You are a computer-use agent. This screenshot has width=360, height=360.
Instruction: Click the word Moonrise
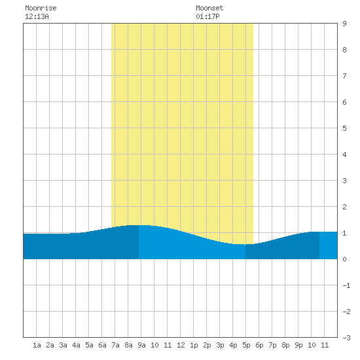41,8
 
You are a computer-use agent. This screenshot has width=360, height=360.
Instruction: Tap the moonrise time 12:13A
37,16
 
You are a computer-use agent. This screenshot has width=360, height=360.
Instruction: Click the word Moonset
209,8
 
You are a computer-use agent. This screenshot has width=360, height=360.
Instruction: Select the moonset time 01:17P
207,16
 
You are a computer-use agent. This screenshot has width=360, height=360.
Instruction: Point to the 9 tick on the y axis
344,24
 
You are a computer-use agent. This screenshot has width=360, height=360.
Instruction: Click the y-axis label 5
344,128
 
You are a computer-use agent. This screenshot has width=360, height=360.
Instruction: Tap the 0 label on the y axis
344,259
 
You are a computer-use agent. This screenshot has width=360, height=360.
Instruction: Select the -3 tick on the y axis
346,338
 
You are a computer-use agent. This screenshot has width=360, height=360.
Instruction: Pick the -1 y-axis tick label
346,285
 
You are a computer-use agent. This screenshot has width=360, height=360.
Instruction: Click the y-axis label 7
344,76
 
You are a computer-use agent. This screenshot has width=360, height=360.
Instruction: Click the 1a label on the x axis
37,345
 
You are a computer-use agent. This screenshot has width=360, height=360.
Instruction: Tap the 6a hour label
102,345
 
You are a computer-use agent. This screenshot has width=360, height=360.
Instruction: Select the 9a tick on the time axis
141,345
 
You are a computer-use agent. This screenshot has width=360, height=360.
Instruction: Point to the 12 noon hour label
181,345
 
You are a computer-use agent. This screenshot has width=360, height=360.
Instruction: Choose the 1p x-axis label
194,345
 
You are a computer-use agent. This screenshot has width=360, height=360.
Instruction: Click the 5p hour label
246,345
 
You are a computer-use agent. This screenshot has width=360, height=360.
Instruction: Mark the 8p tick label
285,345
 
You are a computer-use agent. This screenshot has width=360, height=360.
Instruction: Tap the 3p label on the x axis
220,345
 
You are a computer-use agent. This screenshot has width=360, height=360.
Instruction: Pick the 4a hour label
76,345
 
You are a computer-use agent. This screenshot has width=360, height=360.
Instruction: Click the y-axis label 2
344,207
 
